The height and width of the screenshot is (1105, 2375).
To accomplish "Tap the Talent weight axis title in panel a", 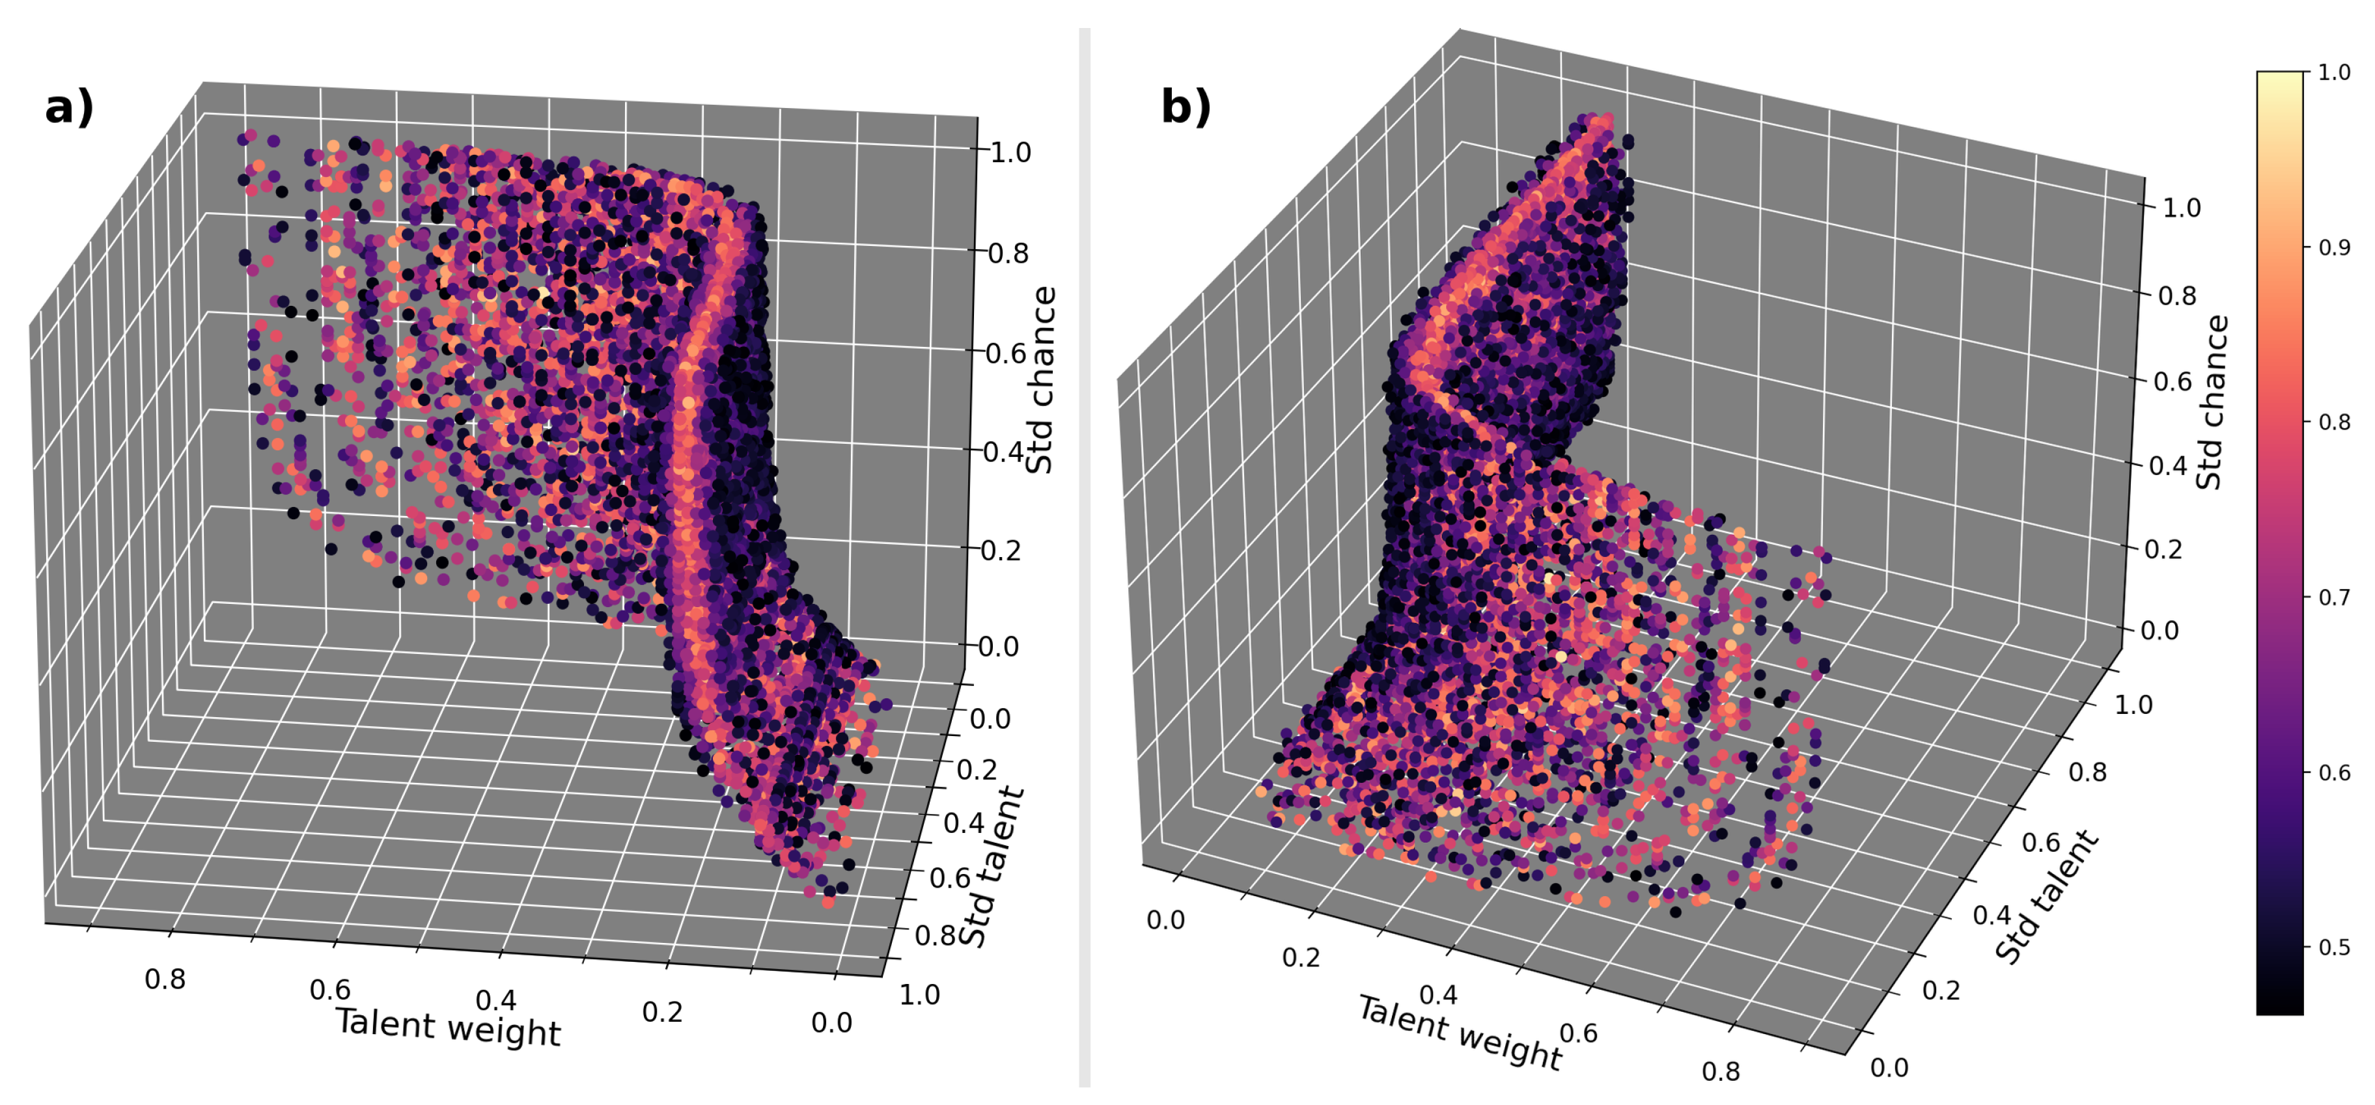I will [x=448, y=1027].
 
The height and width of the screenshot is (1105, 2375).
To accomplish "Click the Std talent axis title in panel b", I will [x=2047, y=896].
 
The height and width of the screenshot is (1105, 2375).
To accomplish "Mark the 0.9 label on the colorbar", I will [x=2333, y=247].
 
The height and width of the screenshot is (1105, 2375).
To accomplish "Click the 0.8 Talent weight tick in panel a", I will [x=165, y=979].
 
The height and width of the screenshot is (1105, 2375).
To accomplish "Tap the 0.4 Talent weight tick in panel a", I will [x=496, y=1000].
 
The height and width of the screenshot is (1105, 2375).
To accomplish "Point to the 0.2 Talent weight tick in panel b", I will [x=1300, y=957].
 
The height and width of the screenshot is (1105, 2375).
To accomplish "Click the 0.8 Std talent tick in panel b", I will [x=2087, y=772].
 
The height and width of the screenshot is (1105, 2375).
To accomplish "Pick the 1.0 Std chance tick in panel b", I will [x=2182, y=208].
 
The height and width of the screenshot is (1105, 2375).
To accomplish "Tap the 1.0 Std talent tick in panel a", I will [x=919, y=995].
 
